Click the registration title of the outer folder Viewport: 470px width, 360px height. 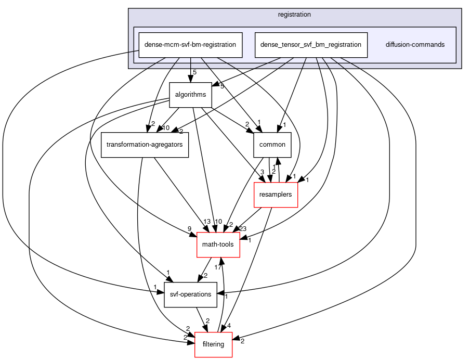pos(294,15)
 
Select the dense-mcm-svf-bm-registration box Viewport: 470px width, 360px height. pos(190,45)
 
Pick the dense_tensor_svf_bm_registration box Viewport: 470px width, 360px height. pos(311,45)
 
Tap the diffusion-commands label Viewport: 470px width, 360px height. pos(415,45)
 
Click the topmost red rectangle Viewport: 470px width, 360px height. pos(276,195)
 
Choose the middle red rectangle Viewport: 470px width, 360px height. pos(218,245)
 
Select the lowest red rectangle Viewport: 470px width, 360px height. pos(213,344)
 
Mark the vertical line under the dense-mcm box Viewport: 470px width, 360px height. pos(190,62)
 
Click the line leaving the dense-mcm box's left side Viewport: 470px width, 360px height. pos(134,52)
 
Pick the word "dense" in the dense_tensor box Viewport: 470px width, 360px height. pos(269,45)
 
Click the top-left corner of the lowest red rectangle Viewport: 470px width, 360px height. pos(195,332)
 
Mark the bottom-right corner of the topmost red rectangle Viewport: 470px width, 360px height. pos(297,207)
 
